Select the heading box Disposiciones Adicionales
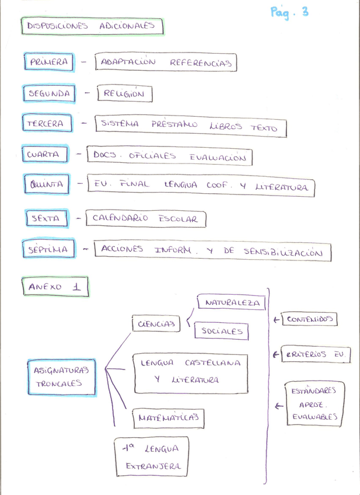click(x=92, y=26)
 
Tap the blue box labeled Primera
click(x=49, y=62)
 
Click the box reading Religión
click(x=124, y=93)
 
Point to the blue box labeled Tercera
click(x=48, y=124)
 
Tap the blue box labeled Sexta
click(x=46, y=218)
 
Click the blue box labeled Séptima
click(x=49, y=250)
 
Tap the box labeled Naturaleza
click(x=232, y=303)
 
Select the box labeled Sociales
click(x=221, y=331)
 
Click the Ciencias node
click(x=156, y=325)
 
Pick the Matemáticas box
click(x=168, y=417)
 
